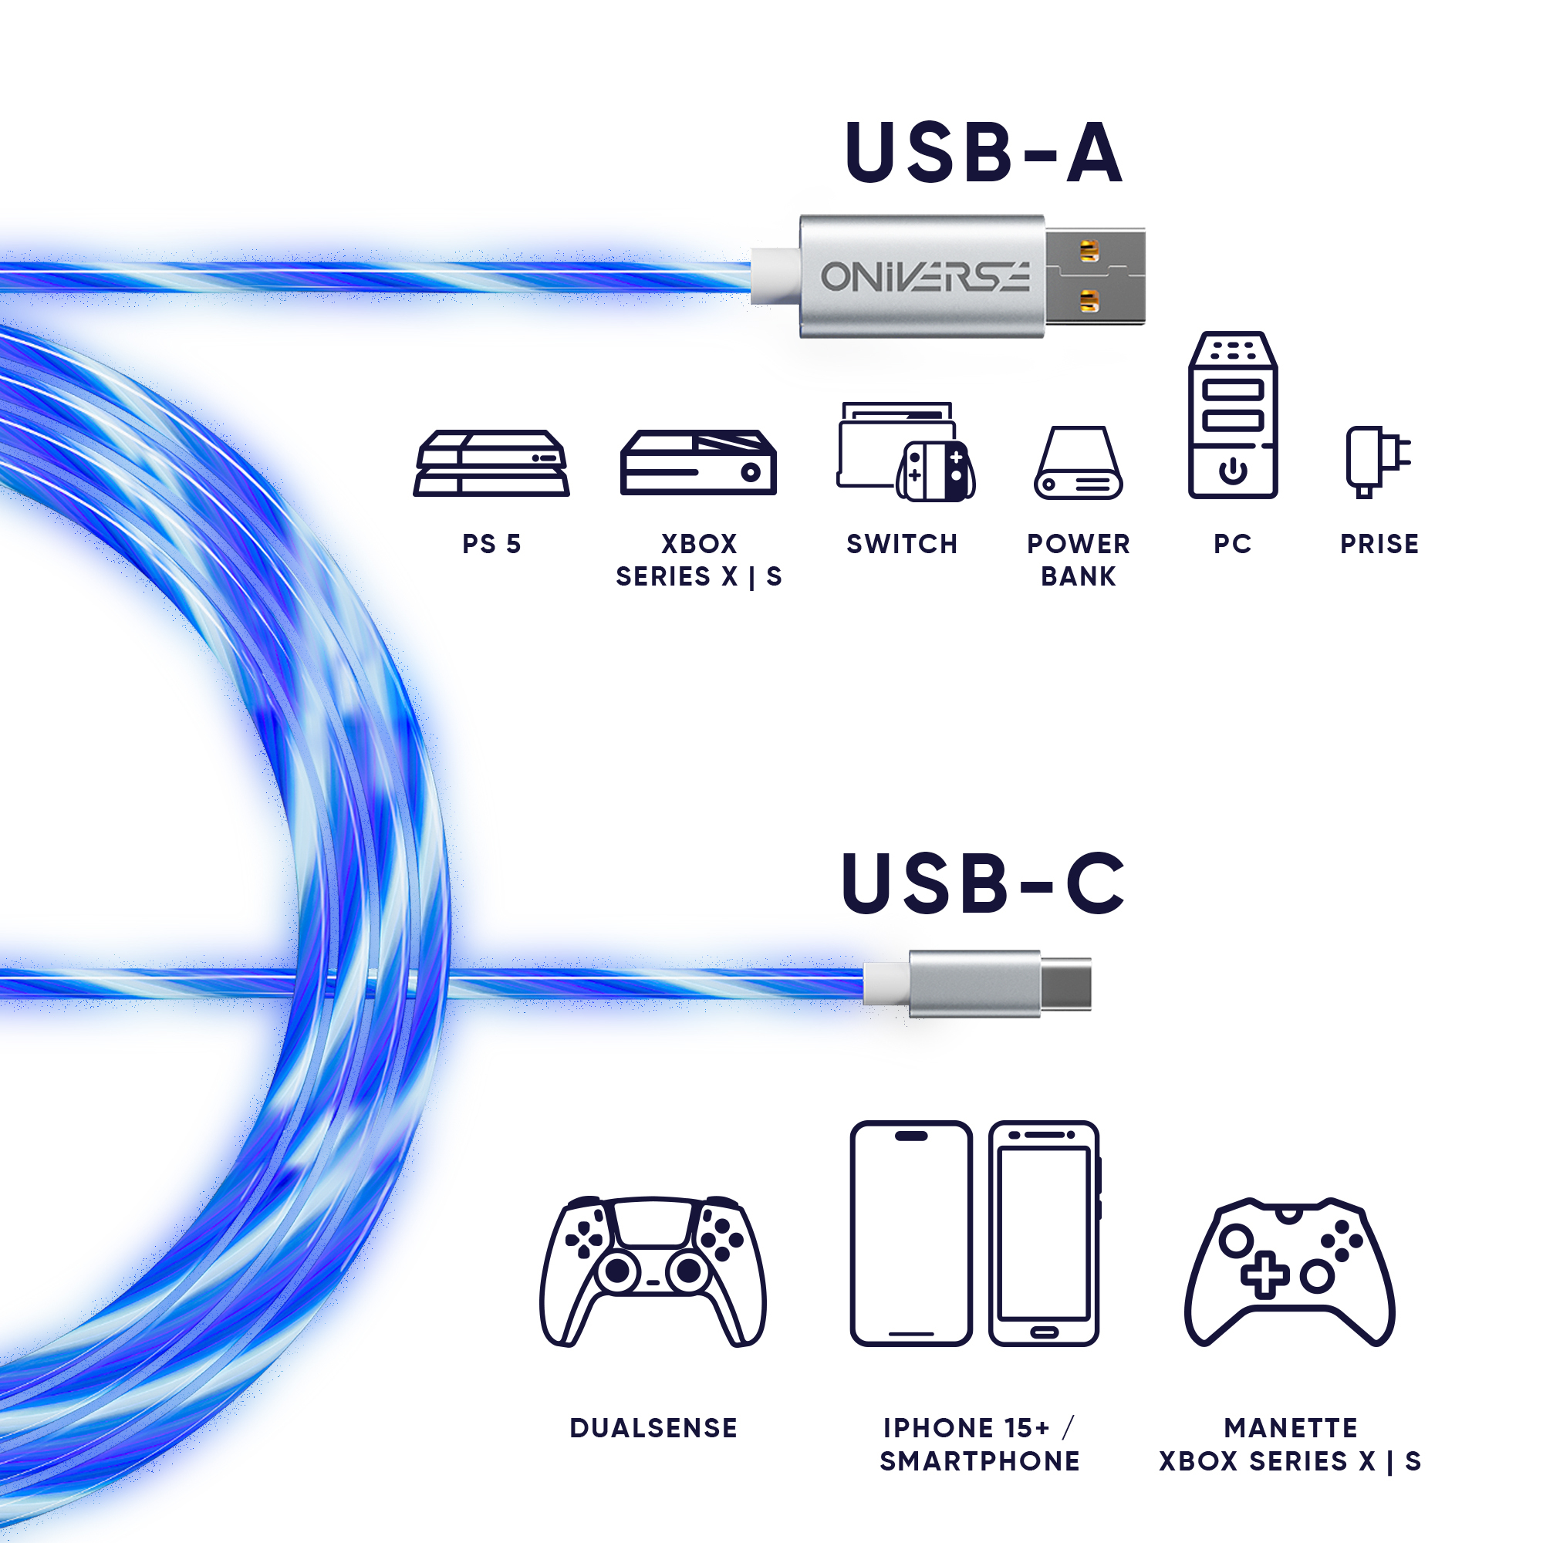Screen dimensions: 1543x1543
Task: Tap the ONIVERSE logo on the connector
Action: (x=925, y=276)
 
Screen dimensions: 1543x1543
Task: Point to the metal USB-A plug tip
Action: (x=1095, y=276)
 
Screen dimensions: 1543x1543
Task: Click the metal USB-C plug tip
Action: (x=1065, y=984)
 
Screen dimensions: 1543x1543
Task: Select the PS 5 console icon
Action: (x=491, y=463)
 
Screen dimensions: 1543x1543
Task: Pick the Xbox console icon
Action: (x=698, y=462)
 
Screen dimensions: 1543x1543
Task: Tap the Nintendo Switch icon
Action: (x=906, y=452)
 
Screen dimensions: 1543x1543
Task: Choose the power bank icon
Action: (x=1079, y=463)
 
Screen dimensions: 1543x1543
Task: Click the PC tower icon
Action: (x=1232, y=415)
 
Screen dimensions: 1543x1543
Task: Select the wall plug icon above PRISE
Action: (x=1378, y=461)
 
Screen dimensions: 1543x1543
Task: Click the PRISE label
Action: (x=1379, y=544)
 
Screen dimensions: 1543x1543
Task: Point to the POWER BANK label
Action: (x=1079, y=560)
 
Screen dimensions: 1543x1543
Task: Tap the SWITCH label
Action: (x=902, y=544)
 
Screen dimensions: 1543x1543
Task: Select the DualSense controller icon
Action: (x=653, y=1272)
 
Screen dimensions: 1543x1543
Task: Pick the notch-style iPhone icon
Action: (x=911, y=1234)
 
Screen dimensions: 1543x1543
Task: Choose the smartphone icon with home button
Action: (x=1045, y=1234)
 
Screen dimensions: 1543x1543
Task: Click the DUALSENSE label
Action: (x=653, y=1428)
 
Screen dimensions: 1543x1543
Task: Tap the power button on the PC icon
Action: (x=1232, y=471)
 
